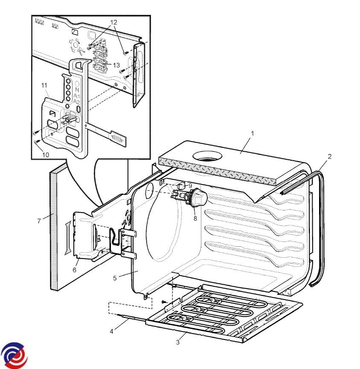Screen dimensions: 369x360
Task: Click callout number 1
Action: (252, 133)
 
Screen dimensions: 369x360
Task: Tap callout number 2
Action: (329, 156)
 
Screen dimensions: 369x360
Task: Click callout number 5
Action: (115, 278)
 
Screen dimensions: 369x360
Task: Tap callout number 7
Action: (39, 221)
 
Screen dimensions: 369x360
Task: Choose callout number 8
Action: (195, 218)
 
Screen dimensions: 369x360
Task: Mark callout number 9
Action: (190, 186)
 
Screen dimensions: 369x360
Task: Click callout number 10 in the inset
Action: (46, 155)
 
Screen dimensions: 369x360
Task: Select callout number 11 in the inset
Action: (44, 86)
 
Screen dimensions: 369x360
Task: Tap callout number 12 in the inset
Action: (113, 22)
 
